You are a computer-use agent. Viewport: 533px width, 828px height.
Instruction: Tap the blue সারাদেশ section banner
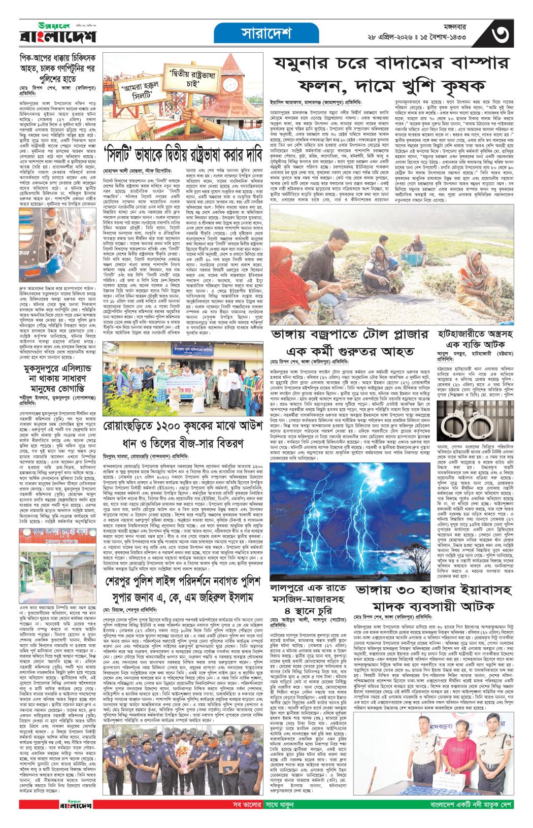[265, 34]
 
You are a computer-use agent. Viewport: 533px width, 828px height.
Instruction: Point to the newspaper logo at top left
[51, 35]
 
